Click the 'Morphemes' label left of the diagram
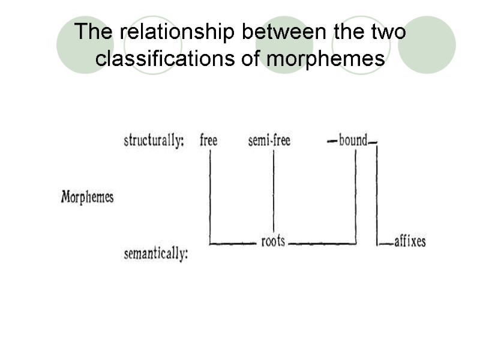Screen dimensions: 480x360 click(87, 197)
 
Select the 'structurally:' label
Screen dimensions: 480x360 click(154, 141)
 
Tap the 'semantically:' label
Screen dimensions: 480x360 click(156, 254)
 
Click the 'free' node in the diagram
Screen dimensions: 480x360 click(208, 141)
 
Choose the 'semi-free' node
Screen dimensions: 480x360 click(269, 141)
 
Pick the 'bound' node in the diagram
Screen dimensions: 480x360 click(352, 141)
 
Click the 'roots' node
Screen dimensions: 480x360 click(273, 242)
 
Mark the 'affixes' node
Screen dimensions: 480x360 click(410, 242)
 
